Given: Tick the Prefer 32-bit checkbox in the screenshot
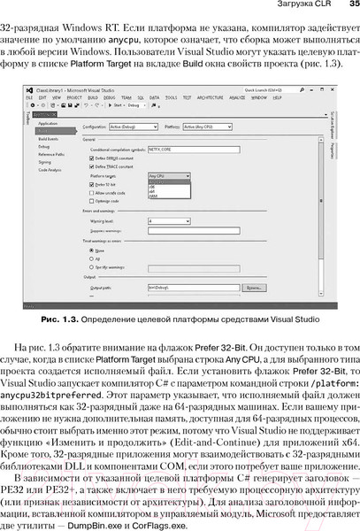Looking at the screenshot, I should click(91, 184).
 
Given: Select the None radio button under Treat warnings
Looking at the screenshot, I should click(91, 250).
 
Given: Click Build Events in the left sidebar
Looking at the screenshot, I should click(48, 140).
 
